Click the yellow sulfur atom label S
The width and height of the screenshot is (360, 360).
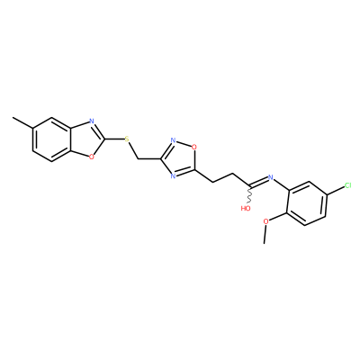(127, 139)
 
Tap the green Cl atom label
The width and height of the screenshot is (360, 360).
(347, 185)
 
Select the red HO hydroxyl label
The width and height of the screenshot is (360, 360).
(246, 208)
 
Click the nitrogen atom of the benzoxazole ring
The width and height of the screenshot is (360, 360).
(92, 121)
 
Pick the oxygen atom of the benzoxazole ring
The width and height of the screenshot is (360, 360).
(91, 156)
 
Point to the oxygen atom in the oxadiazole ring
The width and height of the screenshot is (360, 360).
(194, 147)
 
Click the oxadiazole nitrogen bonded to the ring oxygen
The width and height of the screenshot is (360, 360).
(173, 140)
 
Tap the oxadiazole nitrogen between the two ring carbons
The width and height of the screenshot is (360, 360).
(173, 175)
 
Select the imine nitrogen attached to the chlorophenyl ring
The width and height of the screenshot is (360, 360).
(271, 177)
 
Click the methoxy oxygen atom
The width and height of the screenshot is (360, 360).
(265, 221)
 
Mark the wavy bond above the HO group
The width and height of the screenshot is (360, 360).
(249, 195)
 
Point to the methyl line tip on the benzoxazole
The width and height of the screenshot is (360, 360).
(13, 118)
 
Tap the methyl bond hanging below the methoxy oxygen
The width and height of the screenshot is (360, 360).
(265, 234)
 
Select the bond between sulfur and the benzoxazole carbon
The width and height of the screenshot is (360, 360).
(114, 139)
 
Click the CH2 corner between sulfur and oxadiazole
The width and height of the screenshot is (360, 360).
(138, 158)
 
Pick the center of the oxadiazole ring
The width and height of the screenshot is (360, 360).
(181, 159)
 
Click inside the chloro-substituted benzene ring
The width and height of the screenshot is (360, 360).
(307, 203)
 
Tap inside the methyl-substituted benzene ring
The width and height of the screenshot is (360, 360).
(52, 139)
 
